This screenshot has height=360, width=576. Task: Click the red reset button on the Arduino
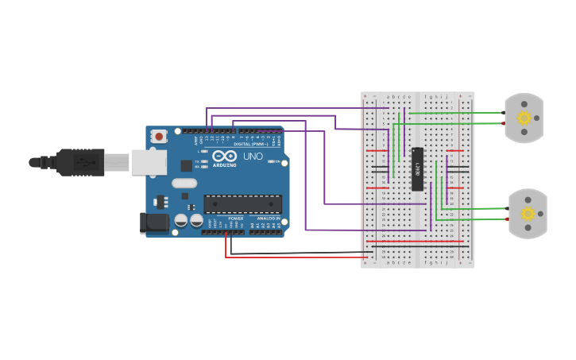click(x=159, y=136)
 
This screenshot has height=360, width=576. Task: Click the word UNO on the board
click(x=252, y=157)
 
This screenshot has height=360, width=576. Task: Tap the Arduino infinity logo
click(x=224, y=155)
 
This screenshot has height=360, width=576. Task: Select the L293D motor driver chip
click(x=417, y=169)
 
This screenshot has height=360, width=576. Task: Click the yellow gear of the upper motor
click(x=524, y=118)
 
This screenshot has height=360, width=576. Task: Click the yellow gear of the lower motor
click(x=528, y=213)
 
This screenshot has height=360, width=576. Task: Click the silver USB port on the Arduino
click(x=149, y=162)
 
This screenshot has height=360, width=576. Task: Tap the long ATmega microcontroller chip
click(x=242, y=204)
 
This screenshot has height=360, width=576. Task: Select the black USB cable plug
click(x=79, y=162)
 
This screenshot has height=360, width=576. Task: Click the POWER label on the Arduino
click(x=236, y=218)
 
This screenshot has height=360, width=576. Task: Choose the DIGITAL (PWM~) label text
click(x=250, y=144)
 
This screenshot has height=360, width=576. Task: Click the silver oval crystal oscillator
click(x=184, y=183)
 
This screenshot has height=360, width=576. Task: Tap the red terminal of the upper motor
click(x=503, y=123)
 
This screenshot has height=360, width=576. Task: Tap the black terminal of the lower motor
click(x=506, y=209)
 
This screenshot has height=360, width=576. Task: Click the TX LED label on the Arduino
click(x=197, y=161)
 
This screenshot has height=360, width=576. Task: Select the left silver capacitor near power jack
click(x=181, y=220)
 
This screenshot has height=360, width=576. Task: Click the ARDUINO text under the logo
click(x=224, y=165)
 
